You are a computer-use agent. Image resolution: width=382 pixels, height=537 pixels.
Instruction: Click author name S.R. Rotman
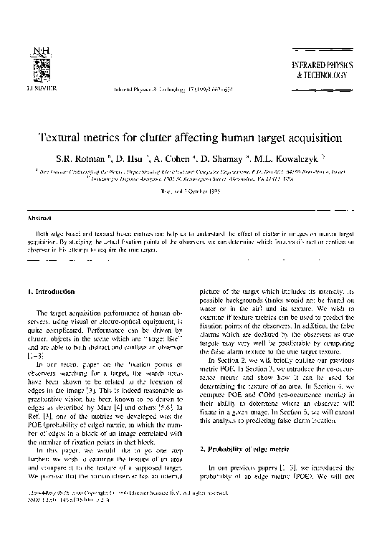[92, 156]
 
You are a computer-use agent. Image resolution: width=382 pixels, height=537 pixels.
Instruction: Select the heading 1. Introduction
[51, 292]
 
